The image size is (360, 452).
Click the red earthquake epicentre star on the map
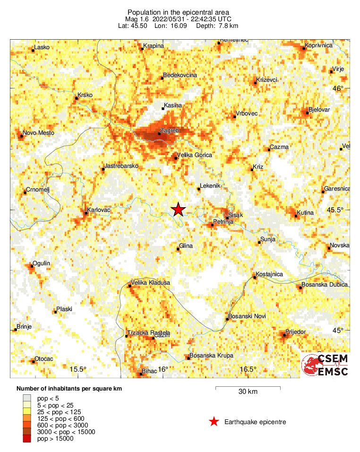[x=178, y=209]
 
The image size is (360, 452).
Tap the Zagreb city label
[x=169, y=130]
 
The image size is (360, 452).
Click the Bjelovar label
[x=319, y=110]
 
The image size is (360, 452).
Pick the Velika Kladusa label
[x=150, y=283]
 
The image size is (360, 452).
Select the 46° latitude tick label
[x=338, y=88]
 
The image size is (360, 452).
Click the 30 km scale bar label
[x=248, y=392]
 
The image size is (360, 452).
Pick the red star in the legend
[x=214, y=422]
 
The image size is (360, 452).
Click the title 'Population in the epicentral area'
[x=180, y=11]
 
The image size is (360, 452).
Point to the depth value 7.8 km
[x=229, y=26]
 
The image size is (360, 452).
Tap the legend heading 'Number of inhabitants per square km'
[x=73, y=389]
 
